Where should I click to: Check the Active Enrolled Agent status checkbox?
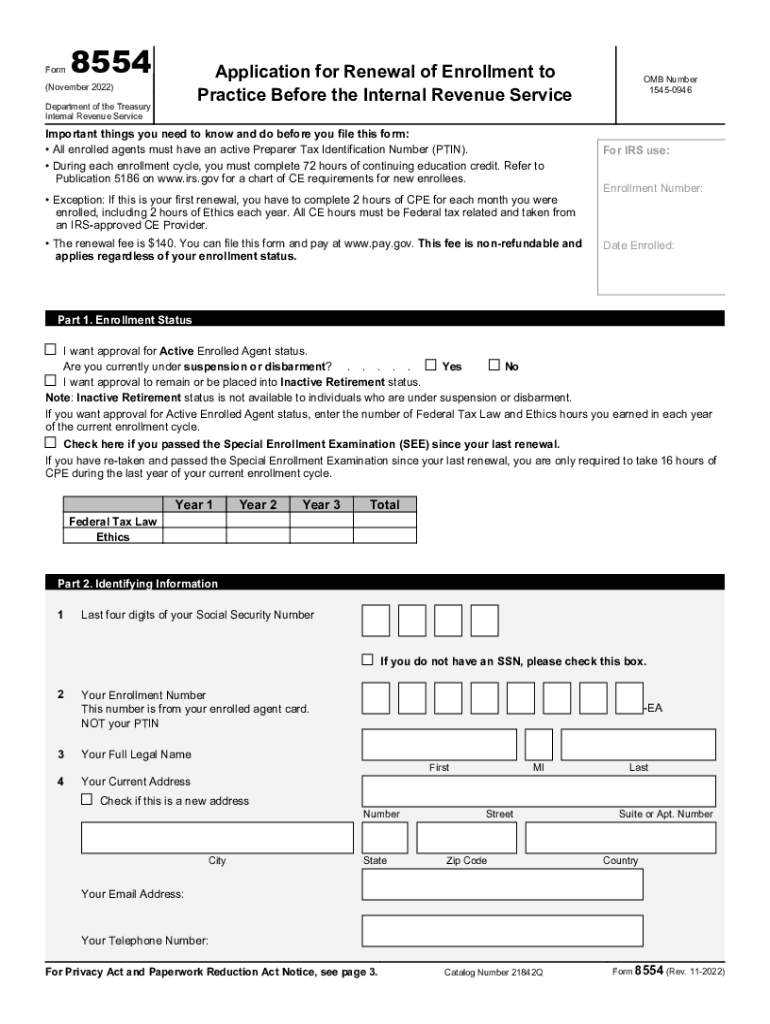(51, 350)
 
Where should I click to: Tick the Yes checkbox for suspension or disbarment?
(431, 365)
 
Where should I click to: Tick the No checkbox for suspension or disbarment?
(493, 365)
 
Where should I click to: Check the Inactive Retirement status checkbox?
(51, 381)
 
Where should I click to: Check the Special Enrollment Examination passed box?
(51, 442)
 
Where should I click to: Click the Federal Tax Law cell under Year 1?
(194, 521)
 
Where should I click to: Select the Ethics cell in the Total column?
(384, 537)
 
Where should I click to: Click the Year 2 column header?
(258, 505)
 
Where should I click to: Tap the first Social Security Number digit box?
(376, 621)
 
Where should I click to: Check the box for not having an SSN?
(367, 660)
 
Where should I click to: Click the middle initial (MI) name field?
(539, 744)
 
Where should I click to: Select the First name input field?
(439, 744)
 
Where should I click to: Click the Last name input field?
(638, 744)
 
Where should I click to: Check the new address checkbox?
(87, 800)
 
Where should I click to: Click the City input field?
(216, 837)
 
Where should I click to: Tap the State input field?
(385, 837)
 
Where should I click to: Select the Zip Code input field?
(466, 837)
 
